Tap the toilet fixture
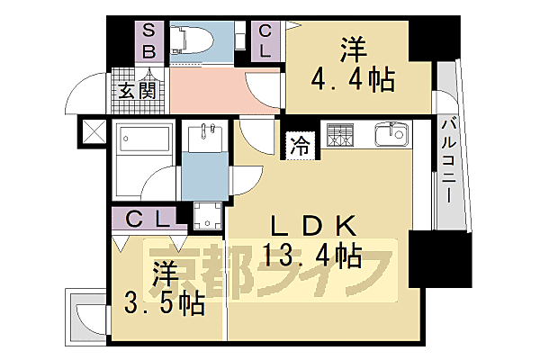[199, 40]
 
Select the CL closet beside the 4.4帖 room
[265, 40]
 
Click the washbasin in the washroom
[205, 140]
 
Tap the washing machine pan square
[210, 217]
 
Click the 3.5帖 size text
[166, 301]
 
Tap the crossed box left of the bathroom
[93, 130]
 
